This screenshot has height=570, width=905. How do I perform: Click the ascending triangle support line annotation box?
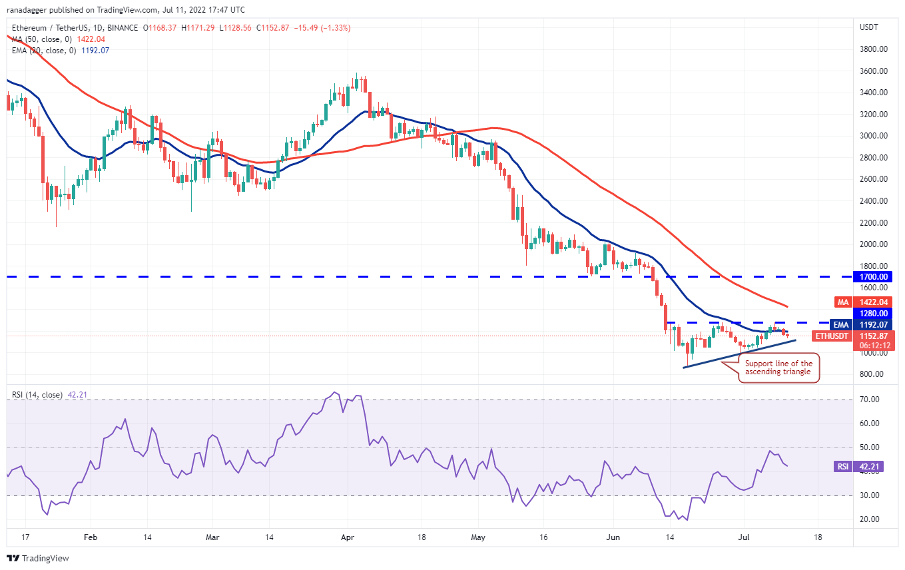778,368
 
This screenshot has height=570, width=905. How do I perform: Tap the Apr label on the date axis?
348,537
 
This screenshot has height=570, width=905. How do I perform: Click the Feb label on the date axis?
91,537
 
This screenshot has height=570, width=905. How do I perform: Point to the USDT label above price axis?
869,27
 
